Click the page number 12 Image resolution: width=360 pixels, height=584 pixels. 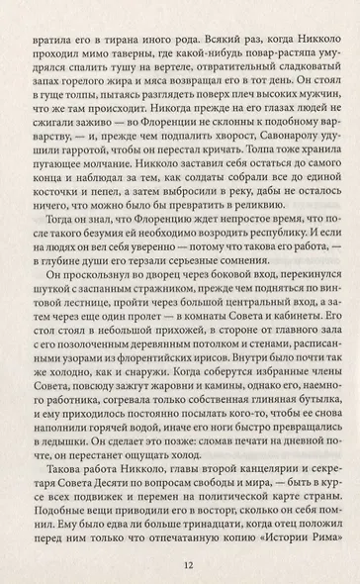click(179, 566)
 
